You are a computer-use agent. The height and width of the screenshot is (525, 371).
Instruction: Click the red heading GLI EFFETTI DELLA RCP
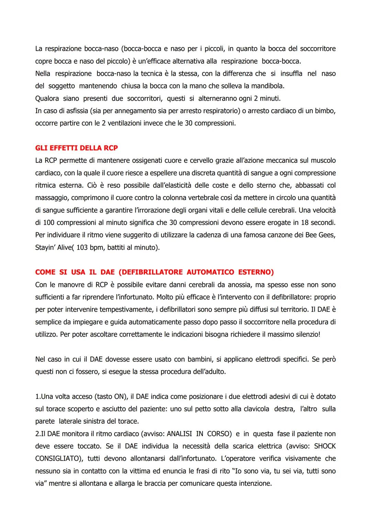[x=76, y=148]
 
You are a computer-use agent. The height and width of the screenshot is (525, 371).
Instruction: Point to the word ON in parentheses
[x=118, y=396]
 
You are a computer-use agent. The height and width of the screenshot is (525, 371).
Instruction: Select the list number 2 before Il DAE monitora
[x=37, y=434]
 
